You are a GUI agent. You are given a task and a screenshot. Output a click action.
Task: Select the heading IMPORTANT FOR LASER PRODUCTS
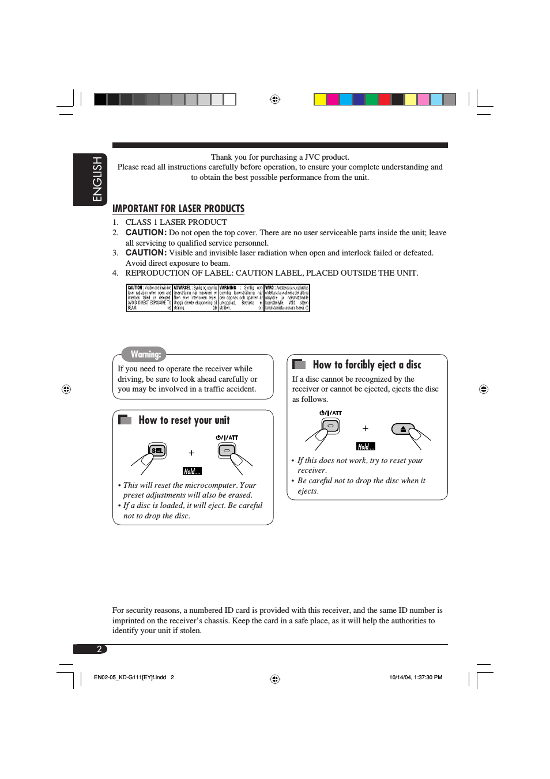point(178,209)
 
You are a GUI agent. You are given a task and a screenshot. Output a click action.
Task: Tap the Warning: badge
point(145,354)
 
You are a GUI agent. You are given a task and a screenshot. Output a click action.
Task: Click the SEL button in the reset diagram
point(157,450)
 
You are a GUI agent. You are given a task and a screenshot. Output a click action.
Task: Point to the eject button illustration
point(403,429)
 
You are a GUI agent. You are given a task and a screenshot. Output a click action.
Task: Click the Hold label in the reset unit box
point(192,471)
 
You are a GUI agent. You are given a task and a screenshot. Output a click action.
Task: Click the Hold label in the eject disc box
point(366,446)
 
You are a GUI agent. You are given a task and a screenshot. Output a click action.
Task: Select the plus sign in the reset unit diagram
point(191,453)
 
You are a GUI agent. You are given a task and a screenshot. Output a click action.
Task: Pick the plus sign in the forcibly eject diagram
point(365,428)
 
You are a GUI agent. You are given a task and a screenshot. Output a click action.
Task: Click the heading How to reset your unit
point(184,420)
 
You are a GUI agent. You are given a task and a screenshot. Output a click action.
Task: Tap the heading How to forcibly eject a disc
point(367,364)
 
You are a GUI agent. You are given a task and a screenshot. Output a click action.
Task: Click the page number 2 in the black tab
point(99,649)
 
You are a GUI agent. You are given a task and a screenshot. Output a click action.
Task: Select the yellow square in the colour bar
point(320,99)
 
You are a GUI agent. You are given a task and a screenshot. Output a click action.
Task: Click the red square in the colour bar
point(385,99)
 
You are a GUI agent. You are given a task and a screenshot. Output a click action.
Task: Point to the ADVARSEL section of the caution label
point(195,298)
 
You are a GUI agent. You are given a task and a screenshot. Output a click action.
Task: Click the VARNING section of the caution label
point(241,298)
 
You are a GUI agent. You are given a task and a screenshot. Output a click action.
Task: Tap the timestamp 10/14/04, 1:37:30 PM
point(416,678)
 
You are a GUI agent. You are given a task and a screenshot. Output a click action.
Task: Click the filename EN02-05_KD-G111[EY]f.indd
point(130,678)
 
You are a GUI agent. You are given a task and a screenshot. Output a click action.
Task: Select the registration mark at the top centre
point(275,99)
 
